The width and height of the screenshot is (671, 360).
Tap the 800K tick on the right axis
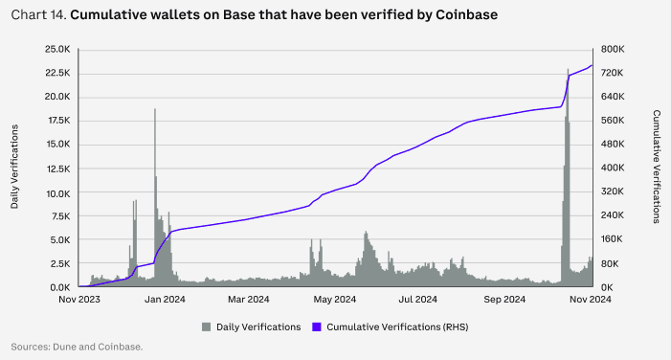click(x=614, y=50)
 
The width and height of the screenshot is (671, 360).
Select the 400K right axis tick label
click(x=614, y=169)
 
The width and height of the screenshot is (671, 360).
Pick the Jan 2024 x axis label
click(x=166, y=300)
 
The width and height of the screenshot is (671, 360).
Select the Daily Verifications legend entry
click(x=250, y=327)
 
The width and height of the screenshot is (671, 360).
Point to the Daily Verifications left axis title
click(x=15, y=169)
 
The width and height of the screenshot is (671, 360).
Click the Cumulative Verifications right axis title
click(x=657, y=167)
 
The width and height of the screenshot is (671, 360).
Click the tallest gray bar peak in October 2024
click(x=568, y=71)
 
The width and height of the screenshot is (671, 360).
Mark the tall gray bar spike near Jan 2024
click(x=155, y=111)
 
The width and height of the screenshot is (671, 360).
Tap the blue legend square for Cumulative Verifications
click(x=318, y=327)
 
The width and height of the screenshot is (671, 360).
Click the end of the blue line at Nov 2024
click(x=593, y=65)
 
